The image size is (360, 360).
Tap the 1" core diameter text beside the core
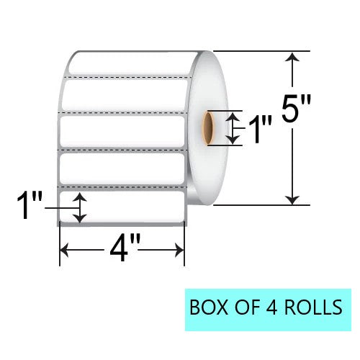point(256,130)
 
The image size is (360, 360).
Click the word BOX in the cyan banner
point(210,307)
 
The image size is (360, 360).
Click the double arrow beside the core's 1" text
point(230,127)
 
